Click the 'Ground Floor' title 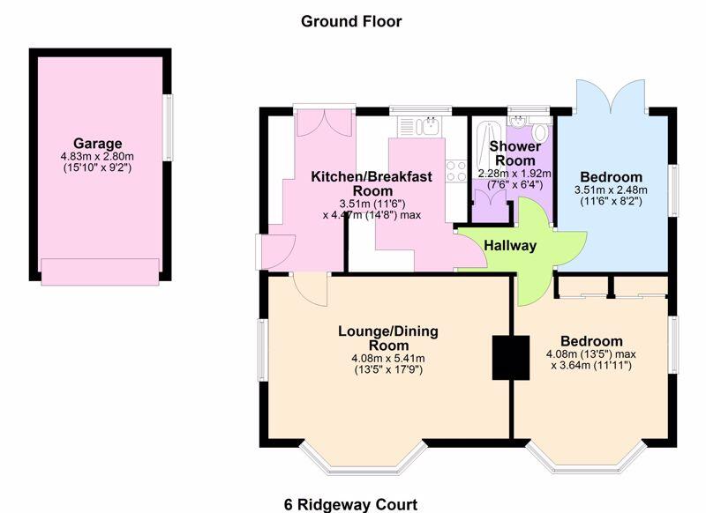pyautogui.click(x=351, y=21)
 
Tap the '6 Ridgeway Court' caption pyautogui.click(x=350, y=504)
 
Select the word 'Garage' pyautogui.click(x=97, y=144)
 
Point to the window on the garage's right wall pyautogui.click(x=169, y=127)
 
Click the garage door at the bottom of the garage pyautogui.click(x=101, y=271)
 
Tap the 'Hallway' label pyautogui.click(x=510, y=246)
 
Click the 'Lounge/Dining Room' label pyautogui.click(x=388, y=338)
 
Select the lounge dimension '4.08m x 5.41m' pyautogui.click(x=388, y=358)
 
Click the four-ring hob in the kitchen pyautogui.click(x=455, y=170)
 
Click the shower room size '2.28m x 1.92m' pyautogui.click(x=514, y=174)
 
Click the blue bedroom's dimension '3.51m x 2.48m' pyautogui.click(x=611, y=190)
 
